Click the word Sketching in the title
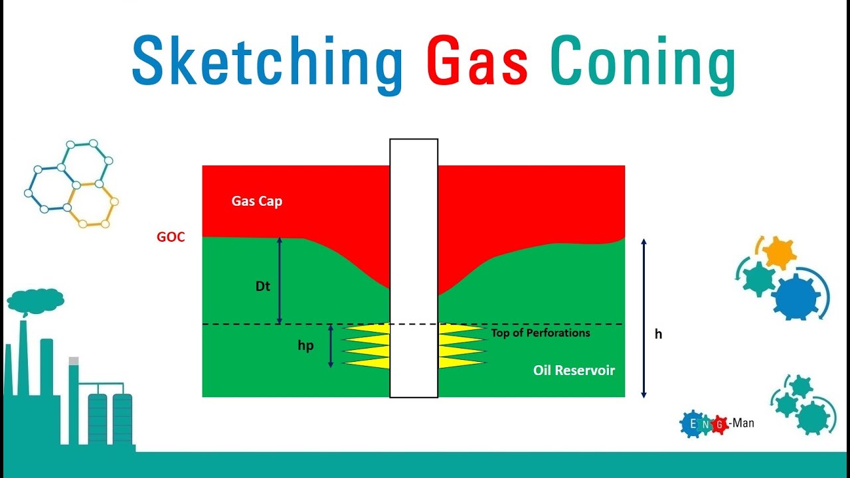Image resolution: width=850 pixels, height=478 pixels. pyautogui.click(x=267, y=61)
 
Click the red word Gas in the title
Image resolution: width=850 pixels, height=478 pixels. pyautogui.click(x=477, y=61)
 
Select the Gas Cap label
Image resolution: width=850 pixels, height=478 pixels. pyautogui.click(x=256, y=201)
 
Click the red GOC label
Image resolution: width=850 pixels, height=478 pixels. pyautogui.click(x=171, y=237)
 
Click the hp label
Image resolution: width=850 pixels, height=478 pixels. pyautogui.click(x=305, y=346)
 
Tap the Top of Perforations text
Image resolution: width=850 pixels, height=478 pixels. pyautogui.click(x=540, y=333)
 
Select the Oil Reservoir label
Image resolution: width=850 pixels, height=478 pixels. pyautogui.click(x=574, y=370)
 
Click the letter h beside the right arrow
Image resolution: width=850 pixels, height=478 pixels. pyautogui.click(x=658, y=335)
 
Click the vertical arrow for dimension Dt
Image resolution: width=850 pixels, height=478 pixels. pyautogui.click(x=280, y=280)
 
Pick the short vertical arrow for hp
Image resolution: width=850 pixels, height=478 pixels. pyautogui.click(x=331, y=346)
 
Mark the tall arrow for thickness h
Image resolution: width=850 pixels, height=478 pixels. pyautogui.click(x=643, y=318)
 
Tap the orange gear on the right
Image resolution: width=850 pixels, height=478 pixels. pyautogui.click(x=778, y=252)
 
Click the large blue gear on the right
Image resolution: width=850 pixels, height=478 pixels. pyautogui.click(x=796, y=296)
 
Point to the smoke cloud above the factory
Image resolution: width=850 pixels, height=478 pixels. pyautogui.click(x=35, y=301)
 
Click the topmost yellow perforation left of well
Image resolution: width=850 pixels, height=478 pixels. pyautogui.click(x=366, y=329)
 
